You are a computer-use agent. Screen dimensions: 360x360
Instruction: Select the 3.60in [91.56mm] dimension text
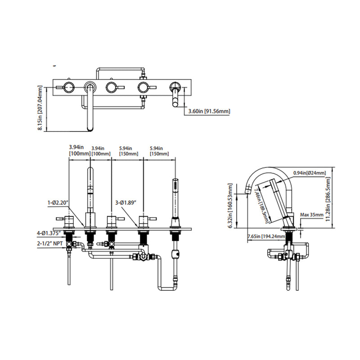[208, 111]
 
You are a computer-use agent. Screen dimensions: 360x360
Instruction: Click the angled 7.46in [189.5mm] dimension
[262, 205]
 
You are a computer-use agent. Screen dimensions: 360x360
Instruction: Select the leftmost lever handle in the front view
[70, 221]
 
